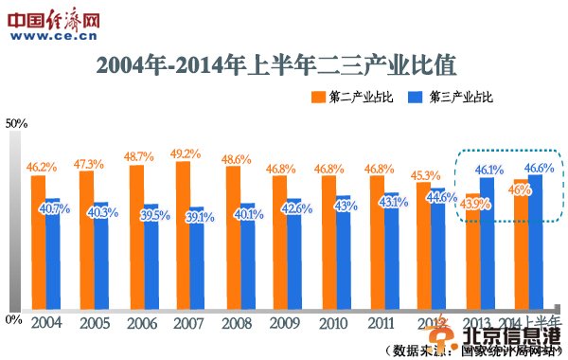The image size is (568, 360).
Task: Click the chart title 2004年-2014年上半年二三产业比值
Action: click(275, 65)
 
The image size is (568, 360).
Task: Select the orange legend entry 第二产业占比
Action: click(347, 97)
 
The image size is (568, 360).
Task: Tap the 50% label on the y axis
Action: click(17, 124)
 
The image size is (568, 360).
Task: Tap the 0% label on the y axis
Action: click(13, 319)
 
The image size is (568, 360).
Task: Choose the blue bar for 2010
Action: click(343, 256)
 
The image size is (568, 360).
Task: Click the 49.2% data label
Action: click(185, 153)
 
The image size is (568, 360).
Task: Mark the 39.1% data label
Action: click(200, 217)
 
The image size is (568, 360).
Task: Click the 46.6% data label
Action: click(539, 167)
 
